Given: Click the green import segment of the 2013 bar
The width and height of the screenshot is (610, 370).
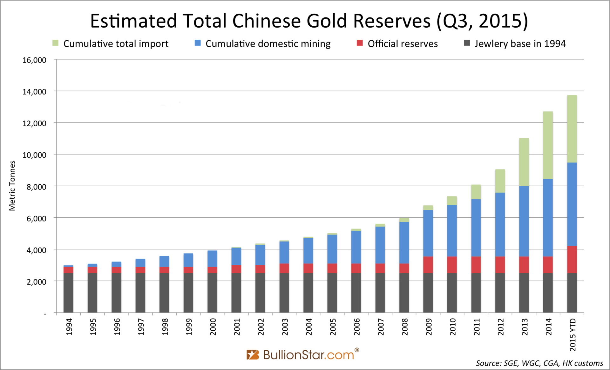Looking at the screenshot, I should click(x=524, y=162).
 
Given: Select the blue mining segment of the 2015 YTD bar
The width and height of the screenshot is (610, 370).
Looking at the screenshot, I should click(x=572, y=204).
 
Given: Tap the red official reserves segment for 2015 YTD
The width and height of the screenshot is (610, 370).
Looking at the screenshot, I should click(x=572, y=260).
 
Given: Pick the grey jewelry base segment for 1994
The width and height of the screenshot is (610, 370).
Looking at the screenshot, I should click(x=68, y=293).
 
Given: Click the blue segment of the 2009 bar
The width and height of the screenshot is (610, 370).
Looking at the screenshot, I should click(x=428, y=233).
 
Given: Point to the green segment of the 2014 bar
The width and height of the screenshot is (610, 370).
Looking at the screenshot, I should click(x=548, y=145).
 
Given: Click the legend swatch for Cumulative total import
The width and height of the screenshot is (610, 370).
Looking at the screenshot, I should click(x=56, y=43).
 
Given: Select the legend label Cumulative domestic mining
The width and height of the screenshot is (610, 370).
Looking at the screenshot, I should click(x=268, y=44).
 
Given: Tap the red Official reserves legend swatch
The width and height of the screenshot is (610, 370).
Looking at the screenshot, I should click(x=360, y=43).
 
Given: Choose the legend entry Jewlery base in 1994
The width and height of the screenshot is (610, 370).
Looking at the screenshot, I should click(x=520, y=44).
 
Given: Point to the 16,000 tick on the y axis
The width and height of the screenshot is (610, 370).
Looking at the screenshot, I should click(x=34, y=60).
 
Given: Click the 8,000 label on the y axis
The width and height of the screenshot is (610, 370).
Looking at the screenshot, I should click(x=36, y=187).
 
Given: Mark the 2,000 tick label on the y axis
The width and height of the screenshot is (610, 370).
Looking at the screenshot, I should click(x=36, y=282).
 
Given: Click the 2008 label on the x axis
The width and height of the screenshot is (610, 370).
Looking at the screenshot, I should click(x=405, y=327).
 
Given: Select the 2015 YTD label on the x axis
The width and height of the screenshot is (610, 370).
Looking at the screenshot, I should click(x=573, y=335).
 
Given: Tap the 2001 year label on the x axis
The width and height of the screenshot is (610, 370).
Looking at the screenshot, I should click(x=237, y=327).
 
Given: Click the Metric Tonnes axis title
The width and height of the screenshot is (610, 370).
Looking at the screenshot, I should click(x=12, y=186).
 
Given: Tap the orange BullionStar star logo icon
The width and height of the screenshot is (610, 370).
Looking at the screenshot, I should click(x=253, y=354).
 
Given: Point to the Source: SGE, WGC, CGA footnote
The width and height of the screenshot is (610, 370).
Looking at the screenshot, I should click(x=539, y=363).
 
